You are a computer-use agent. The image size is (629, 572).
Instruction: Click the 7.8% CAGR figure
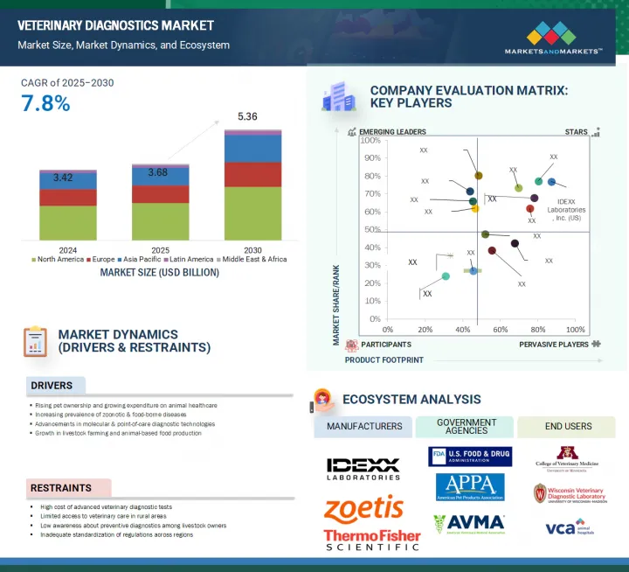[45, 103]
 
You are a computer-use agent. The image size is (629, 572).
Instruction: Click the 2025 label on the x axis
[160, 248]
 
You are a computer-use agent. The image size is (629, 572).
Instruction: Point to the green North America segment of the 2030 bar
[253, 213]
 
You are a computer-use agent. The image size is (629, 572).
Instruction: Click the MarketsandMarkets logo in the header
[553, 40]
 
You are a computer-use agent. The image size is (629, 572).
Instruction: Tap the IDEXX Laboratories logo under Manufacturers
[363, 469]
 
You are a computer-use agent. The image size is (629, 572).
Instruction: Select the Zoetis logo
[363, 509]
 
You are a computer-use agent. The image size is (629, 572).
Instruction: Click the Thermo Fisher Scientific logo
[371, 540]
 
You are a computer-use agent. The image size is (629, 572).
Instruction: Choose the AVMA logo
[469, 524]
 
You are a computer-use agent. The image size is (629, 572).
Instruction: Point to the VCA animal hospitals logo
[570, 527]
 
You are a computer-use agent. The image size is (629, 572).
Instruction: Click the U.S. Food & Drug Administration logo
[470, 457]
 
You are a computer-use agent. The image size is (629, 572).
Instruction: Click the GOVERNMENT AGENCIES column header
[467, 426]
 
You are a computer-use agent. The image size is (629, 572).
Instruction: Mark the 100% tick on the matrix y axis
[370, 140]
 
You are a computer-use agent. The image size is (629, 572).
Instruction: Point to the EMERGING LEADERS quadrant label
[392, 132]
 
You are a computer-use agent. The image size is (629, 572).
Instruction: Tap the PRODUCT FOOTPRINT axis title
[384, 359]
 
